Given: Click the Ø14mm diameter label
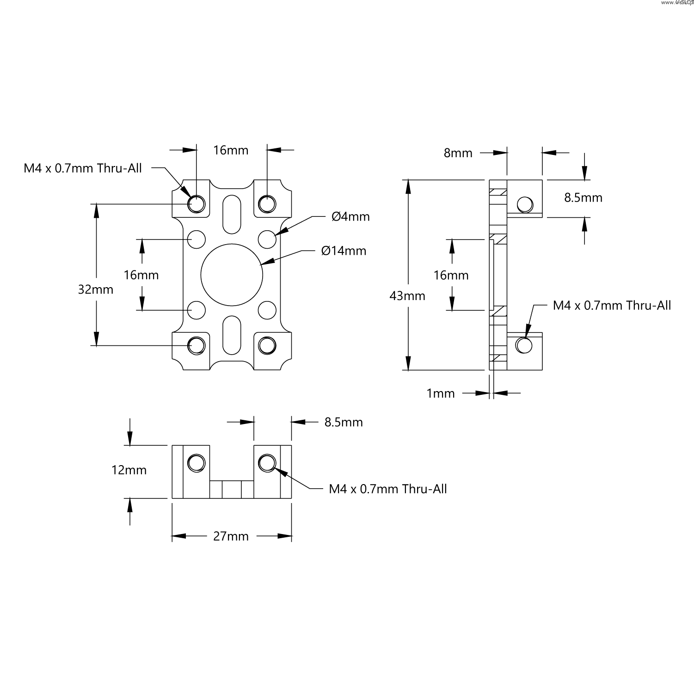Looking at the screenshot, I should (x=344, y=251).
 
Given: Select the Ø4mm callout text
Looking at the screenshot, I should (x=350, y=216).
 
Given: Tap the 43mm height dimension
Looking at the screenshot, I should (x=407, y=296).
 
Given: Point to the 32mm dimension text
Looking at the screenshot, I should (x=96, y=290).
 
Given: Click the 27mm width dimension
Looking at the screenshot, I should (x=231, y=536).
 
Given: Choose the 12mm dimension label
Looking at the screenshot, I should (x=129, y=470).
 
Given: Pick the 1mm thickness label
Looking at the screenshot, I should (x=441, y=393).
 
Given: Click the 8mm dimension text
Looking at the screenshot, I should (x=458, y=153).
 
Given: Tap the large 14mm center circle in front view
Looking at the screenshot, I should (x=232, y=275).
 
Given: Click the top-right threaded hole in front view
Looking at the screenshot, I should (x=267, y=203).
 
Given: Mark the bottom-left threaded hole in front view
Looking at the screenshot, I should (x=197, y=345).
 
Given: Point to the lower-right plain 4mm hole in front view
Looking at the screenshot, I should (x=267, y=310).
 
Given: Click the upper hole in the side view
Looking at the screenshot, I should (x=524, y=204).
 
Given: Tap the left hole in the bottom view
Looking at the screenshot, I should (x=196, y=462).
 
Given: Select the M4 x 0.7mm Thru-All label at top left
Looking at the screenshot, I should (x=83, y=168).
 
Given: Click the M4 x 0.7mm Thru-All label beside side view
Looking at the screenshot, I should (x=612, y=306).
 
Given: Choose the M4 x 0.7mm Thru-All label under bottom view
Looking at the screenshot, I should (x=388, y=489).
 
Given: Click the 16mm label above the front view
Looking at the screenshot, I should (x=231, y=150).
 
